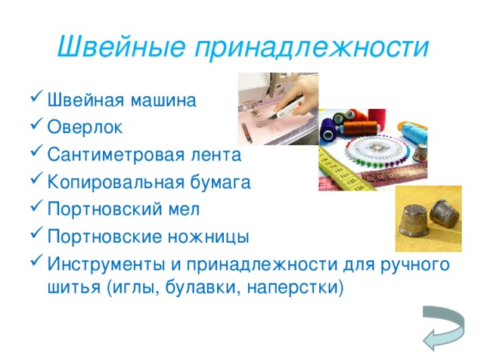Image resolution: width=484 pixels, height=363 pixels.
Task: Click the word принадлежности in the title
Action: pos(310,47)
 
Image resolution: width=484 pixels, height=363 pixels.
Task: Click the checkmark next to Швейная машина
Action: pos(35,100)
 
